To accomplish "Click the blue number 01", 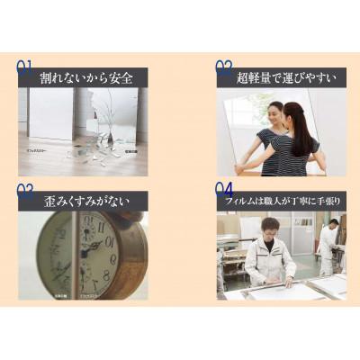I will point(25,66).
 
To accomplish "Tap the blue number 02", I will point(224,66).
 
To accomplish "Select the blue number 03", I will point(25,190).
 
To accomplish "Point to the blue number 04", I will point(224,190).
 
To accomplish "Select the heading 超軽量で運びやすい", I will point(281,77).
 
